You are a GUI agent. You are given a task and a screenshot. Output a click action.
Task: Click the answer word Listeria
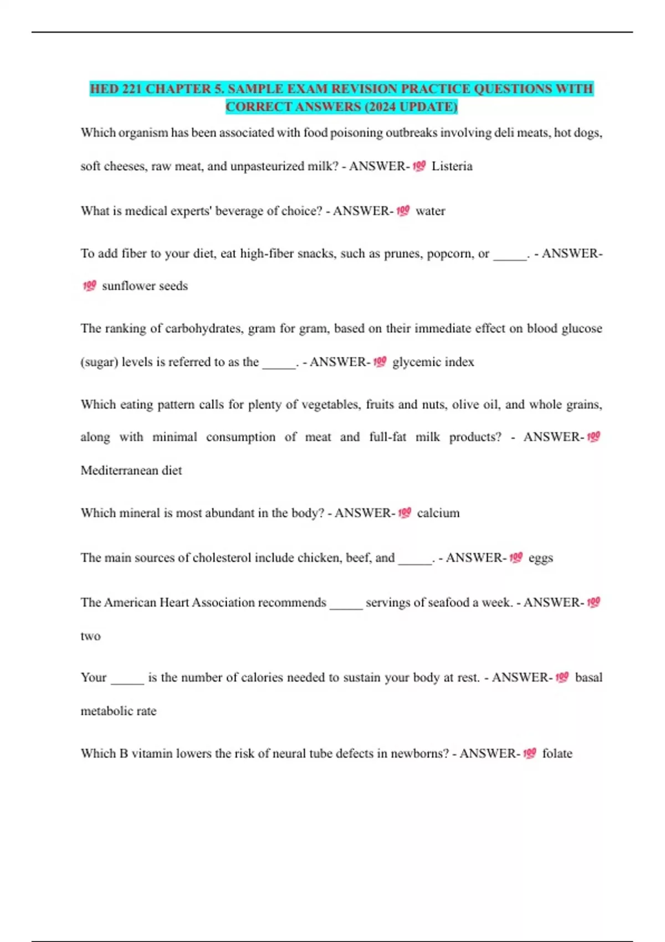coord(452,166)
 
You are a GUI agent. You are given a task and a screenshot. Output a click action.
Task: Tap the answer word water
coord(431,211)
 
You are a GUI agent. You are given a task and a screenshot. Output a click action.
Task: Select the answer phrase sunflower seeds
coord(145,286)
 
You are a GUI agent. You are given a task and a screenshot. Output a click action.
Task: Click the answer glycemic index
coord(433,362)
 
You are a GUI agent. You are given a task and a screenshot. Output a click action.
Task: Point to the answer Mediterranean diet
coord(131,470)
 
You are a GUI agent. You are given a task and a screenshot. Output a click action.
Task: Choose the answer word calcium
coord(438,513)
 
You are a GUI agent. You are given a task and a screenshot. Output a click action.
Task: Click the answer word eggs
coord(540,558)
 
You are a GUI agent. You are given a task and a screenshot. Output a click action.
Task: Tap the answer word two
coord(90,636)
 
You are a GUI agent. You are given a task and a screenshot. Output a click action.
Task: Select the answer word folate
coord(557,754)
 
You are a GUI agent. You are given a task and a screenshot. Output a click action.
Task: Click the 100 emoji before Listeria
coord(419,166)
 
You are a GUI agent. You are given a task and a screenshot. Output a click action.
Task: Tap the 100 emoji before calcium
coord(405,513)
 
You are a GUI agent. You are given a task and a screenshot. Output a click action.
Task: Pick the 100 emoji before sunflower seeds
coord(89,285)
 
